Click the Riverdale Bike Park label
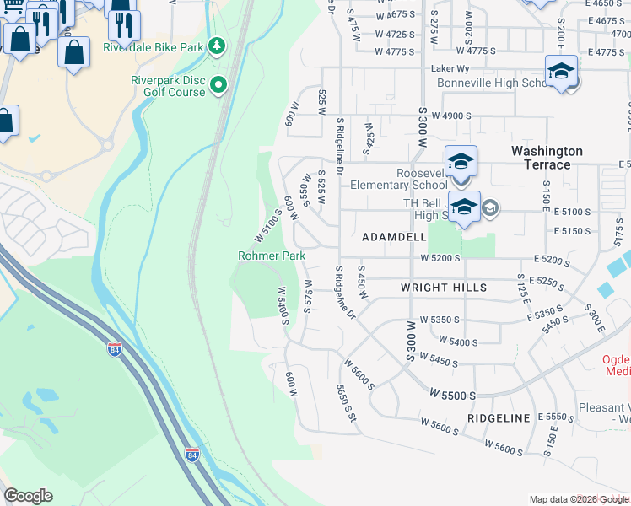(153, 47)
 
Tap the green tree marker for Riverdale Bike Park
(217, 45)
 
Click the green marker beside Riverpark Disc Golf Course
(218, 83)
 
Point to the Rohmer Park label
(271, 255)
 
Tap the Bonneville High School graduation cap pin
(561, 73)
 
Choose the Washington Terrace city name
(547, 157)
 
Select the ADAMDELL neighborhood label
(394, 238)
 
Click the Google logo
(28, 496)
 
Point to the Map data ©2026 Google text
(578, 499)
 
